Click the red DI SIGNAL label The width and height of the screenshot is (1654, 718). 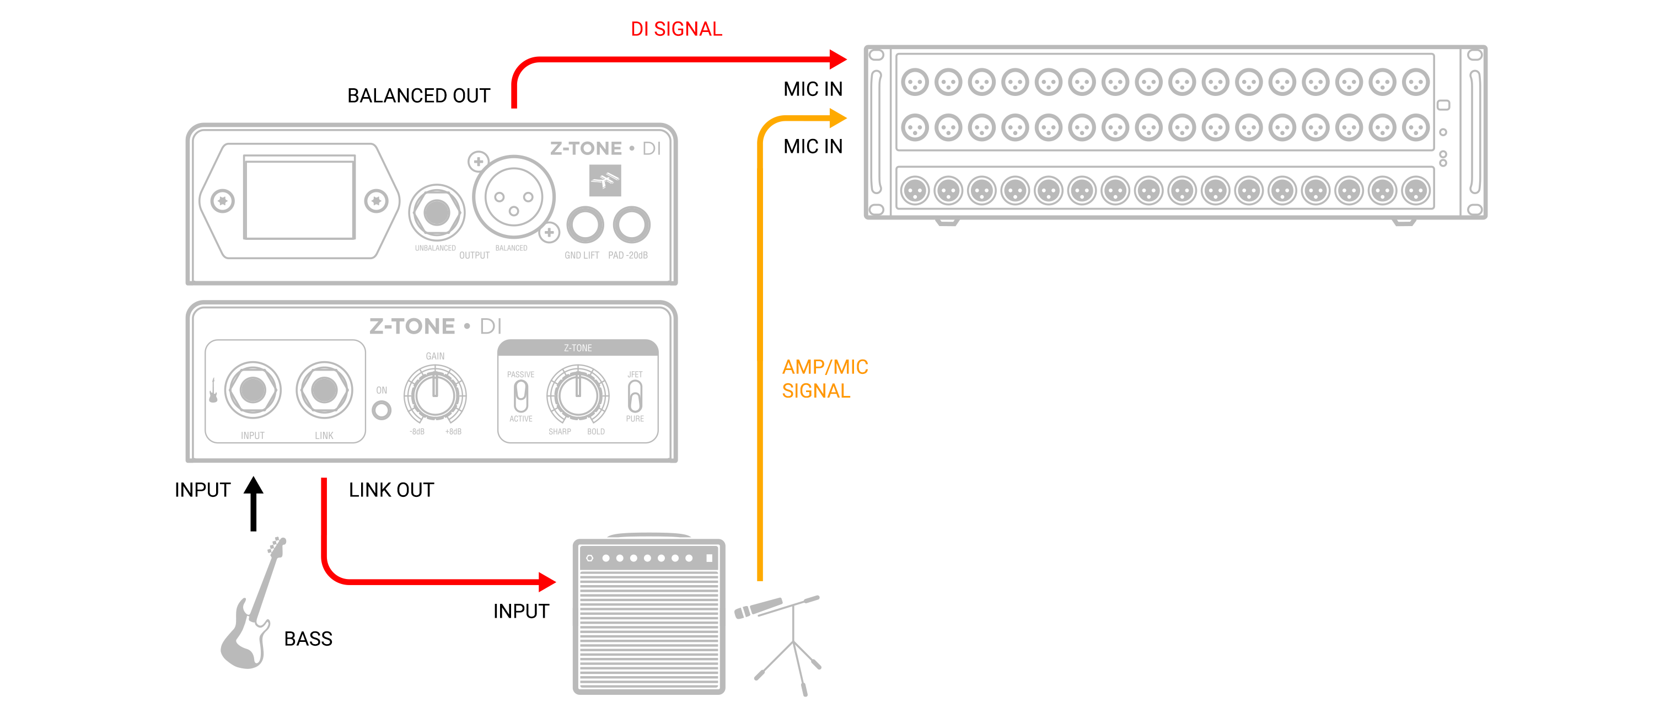coord(676,29)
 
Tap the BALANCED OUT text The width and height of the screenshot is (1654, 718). coord(418,96)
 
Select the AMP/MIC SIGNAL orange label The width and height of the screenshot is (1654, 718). coord(824,379)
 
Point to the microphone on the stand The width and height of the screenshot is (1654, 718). coord(758,608)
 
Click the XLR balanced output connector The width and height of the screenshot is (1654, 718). coord(514,197)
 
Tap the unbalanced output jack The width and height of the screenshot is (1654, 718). coord(437,212)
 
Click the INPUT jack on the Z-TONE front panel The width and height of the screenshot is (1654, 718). coord(253,390)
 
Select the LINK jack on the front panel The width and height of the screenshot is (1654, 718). coord(324,390)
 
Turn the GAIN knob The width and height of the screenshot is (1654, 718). coord(434,394)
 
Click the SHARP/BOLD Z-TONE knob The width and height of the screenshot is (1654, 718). coord(577,394)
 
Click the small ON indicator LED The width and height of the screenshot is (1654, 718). coord(382,410)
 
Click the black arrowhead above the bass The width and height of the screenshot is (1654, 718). coord(254,486)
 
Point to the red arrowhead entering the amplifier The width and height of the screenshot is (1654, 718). coord(546,582)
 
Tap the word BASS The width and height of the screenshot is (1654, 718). coord(308,639)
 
